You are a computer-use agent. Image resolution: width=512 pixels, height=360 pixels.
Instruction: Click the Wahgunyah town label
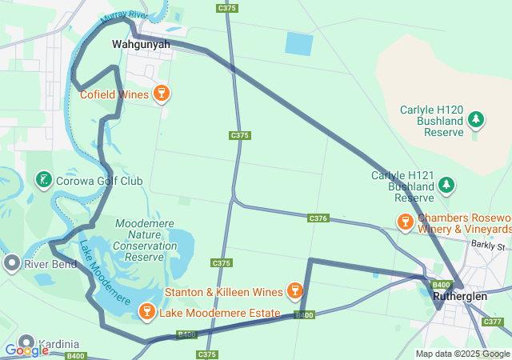pyautogui.click(x=141, y=44)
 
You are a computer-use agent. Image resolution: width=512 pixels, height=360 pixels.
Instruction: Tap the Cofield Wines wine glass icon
pyautogui.click(x=162, y=94)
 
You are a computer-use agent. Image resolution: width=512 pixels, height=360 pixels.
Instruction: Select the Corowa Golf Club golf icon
pyautogui.click(x=43, y=180)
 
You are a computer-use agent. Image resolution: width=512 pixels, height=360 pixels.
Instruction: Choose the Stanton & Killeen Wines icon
pyautogui.click(x=294, y=290)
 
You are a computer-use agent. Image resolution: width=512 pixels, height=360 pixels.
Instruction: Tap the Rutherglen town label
pyautogui.click(x=460, y=296)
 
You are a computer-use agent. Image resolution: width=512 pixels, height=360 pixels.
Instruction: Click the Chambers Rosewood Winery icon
pyautogui.click(x=405, y=219)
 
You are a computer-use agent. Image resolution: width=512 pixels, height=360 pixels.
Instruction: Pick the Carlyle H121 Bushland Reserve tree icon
pyautogui.click(x=446, y=186)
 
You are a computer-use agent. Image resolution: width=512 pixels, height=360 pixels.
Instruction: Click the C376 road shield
pyautogui.click(x=318, y=218)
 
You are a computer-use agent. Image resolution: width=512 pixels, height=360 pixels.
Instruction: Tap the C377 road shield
pyautogui.click(x=494, y=322)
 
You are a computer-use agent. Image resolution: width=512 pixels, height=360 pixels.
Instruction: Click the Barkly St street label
pyautogui.click(x=488, y=245)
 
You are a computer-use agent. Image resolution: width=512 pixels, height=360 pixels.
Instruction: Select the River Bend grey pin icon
pyautogui.click(x=11, y=262)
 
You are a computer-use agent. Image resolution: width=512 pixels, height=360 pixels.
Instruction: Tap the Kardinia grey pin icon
pyautogui.click(x=26, y=342)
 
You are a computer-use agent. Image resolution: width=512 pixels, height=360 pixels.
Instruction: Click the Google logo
pyautogui.click(x=26, y=350)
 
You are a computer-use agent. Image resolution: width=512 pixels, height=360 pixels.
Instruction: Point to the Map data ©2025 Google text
pyautogui.click(x=462, y=354)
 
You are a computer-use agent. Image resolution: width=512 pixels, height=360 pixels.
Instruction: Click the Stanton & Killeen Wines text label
pyautogui.click(x=223, y=291)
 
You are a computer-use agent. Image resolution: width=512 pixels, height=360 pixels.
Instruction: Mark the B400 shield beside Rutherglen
pyautogui.click(x=441, y=285)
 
